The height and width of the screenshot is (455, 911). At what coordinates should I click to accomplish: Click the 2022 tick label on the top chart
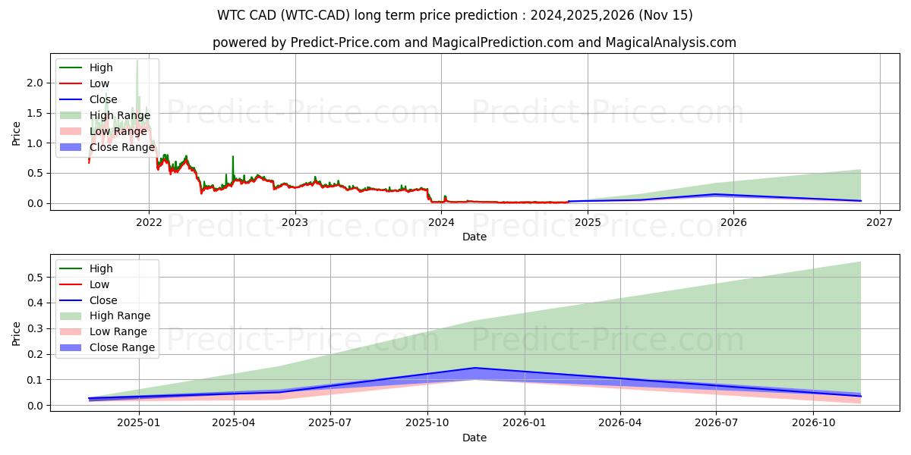click(x=148, y=222)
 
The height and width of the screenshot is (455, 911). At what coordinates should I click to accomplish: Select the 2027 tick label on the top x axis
click(x=879, y=222)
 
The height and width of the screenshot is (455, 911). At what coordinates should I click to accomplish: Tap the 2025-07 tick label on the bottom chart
click(x=331, y=422)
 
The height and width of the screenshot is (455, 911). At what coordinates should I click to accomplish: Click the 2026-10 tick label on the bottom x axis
click(x=813, y=422)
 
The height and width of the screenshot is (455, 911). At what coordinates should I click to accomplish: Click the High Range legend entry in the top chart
click(x=119, y=115)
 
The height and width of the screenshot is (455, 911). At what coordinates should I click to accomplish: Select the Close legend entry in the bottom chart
click(x=103, y=300)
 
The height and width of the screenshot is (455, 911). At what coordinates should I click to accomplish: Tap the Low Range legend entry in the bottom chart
click(x=118, y=331)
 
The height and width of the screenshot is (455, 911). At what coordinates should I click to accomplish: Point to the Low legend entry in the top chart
click(x=99, y=83)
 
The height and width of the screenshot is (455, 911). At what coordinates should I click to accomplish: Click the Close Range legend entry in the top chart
click(x=121, y=147)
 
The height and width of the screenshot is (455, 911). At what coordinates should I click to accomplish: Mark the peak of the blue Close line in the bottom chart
click(x=475, y=368)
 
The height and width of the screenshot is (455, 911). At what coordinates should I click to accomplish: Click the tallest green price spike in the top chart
click(x=137, y=61)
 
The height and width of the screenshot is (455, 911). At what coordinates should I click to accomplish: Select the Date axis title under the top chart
click(x=474, y=237)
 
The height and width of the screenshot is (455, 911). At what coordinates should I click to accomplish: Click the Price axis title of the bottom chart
click(x=17, y=333)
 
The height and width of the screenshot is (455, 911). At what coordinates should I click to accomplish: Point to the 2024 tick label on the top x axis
click(x=441, y=222)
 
